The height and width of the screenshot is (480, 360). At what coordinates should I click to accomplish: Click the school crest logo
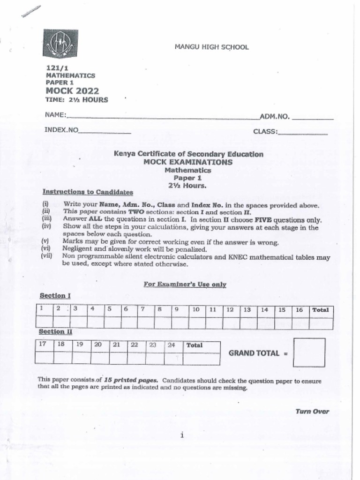tap(60, 44)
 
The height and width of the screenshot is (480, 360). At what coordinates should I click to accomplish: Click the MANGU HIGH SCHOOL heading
tap(211, 47)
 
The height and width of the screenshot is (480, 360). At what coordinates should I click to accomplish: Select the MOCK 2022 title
tap(72, 91)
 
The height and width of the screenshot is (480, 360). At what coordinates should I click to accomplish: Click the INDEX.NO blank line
tap(105, 133)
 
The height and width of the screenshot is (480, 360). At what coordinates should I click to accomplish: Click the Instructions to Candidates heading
tap(88, 192)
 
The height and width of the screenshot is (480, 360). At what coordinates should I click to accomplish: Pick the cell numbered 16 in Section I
tap(300, 309)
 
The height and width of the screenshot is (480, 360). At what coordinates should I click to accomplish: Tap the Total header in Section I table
tap(321, 309)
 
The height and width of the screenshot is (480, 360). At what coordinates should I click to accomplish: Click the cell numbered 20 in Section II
tap(98, 345)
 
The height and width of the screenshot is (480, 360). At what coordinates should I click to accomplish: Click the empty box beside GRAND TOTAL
tap(309, 352)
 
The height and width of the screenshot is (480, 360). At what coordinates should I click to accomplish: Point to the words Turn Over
tap(312, 412)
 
